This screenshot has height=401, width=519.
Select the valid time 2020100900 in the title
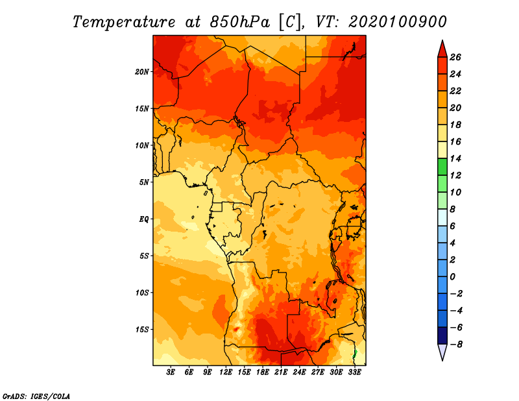pos(397,21)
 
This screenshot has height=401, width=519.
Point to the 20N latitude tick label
pos(142,71)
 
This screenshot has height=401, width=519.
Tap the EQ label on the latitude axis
pos(143,219)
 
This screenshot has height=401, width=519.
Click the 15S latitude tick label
pos(142,329)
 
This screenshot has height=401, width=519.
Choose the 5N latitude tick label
pos(144,182)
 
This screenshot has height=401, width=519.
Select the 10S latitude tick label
pos(142,293)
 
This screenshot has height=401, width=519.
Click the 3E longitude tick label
pos(171,373)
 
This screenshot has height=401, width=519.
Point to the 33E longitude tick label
pos(354,373)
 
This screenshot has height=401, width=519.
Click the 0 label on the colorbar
pos(456,276)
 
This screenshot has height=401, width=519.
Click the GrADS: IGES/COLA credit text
pos(36,395)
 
